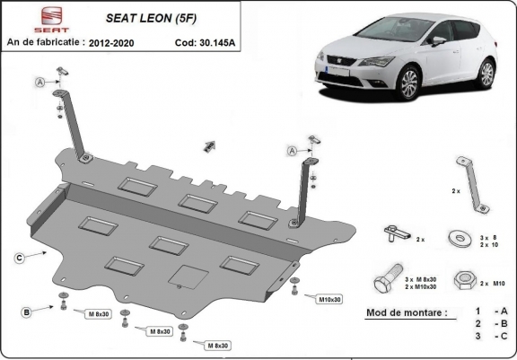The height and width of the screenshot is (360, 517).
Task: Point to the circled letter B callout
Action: [x=27, y=312]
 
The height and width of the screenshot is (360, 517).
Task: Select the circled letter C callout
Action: [x=19, y=258]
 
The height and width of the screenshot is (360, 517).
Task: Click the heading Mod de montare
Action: [x=407, y=313]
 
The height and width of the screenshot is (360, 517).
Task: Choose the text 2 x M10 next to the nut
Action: [x=495, y=283]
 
